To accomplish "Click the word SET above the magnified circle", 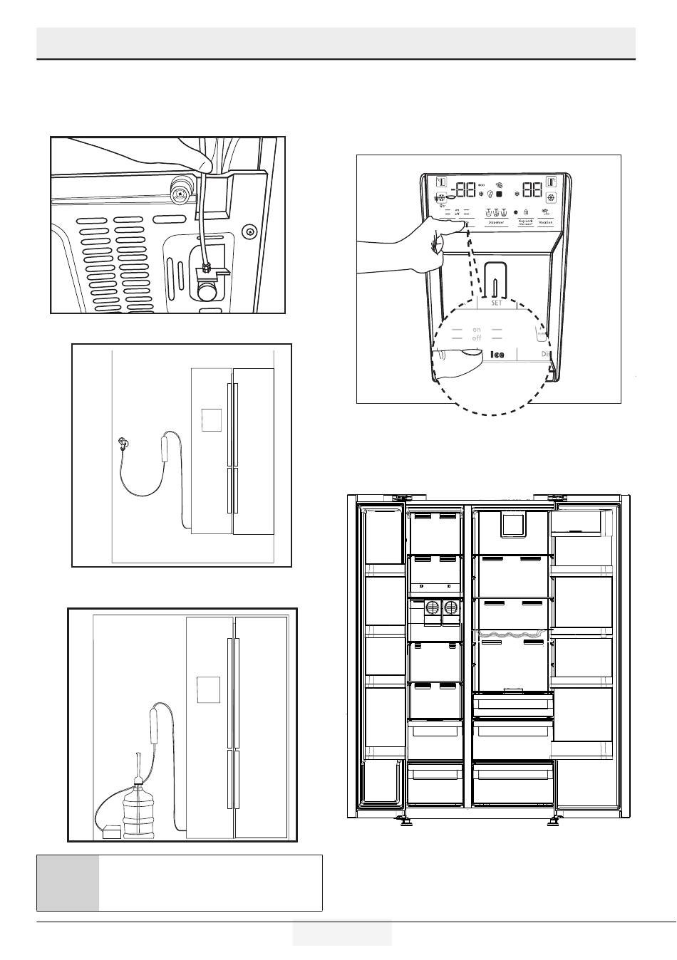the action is [x=497, y=303].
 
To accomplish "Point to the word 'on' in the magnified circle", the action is [x=477, y=330].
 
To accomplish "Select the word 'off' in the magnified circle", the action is [x=477, y=338].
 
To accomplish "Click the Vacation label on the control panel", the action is [x=546, y=222].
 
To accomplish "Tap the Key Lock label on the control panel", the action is [x=526, y=221].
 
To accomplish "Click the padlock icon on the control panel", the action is [x=525, y=212].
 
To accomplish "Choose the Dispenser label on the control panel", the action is [x=496, y=222].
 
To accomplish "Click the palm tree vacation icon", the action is [x=546, y=212].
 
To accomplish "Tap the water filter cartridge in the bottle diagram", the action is [x=155, y=722].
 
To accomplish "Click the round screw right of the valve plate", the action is [x=248, y=231].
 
